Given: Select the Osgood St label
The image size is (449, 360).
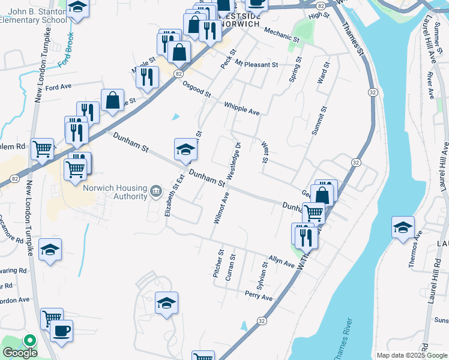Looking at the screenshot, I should pyautogui.click(x=196, y=89).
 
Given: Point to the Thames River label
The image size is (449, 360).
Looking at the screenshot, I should pyautogui.click(x=346, y=341).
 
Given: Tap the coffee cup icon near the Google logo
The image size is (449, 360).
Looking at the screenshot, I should pyautogui.click(x=61, y=331).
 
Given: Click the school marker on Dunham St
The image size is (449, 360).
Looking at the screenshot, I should pyautogui.click(x=185, y=150).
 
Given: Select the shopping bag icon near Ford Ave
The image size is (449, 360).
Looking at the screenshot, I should pyautogui.click(x=112, y=101).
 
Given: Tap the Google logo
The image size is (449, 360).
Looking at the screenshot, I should pyautogui.click(x=20, y=353).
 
